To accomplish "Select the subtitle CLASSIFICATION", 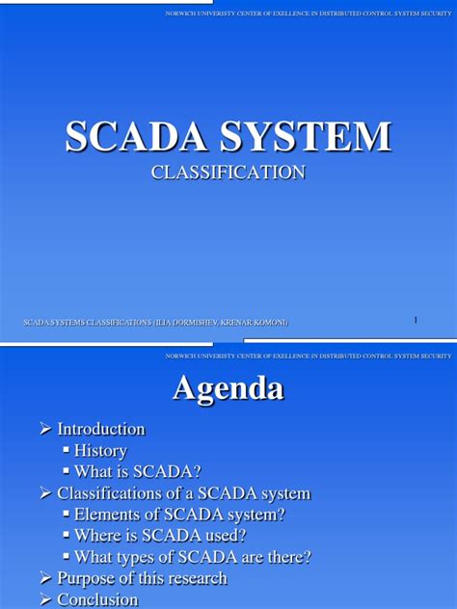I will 228,172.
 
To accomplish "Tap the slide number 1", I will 416,319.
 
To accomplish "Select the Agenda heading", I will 228,388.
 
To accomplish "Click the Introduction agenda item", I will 100,429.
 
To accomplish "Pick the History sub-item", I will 100,450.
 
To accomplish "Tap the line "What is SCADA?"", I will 138,471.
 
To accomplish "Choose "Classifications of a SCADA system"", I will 183,493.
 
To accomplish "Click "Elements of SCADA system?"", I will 179,515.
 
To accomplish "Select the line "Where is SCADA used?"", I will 160,536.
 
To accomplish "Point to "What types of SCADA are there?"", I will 193,557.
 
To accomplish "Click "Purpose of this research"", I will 142,578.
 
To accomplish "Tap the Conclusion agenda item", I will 97,599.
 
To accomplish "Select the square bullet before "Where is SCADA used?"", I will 66,536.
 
